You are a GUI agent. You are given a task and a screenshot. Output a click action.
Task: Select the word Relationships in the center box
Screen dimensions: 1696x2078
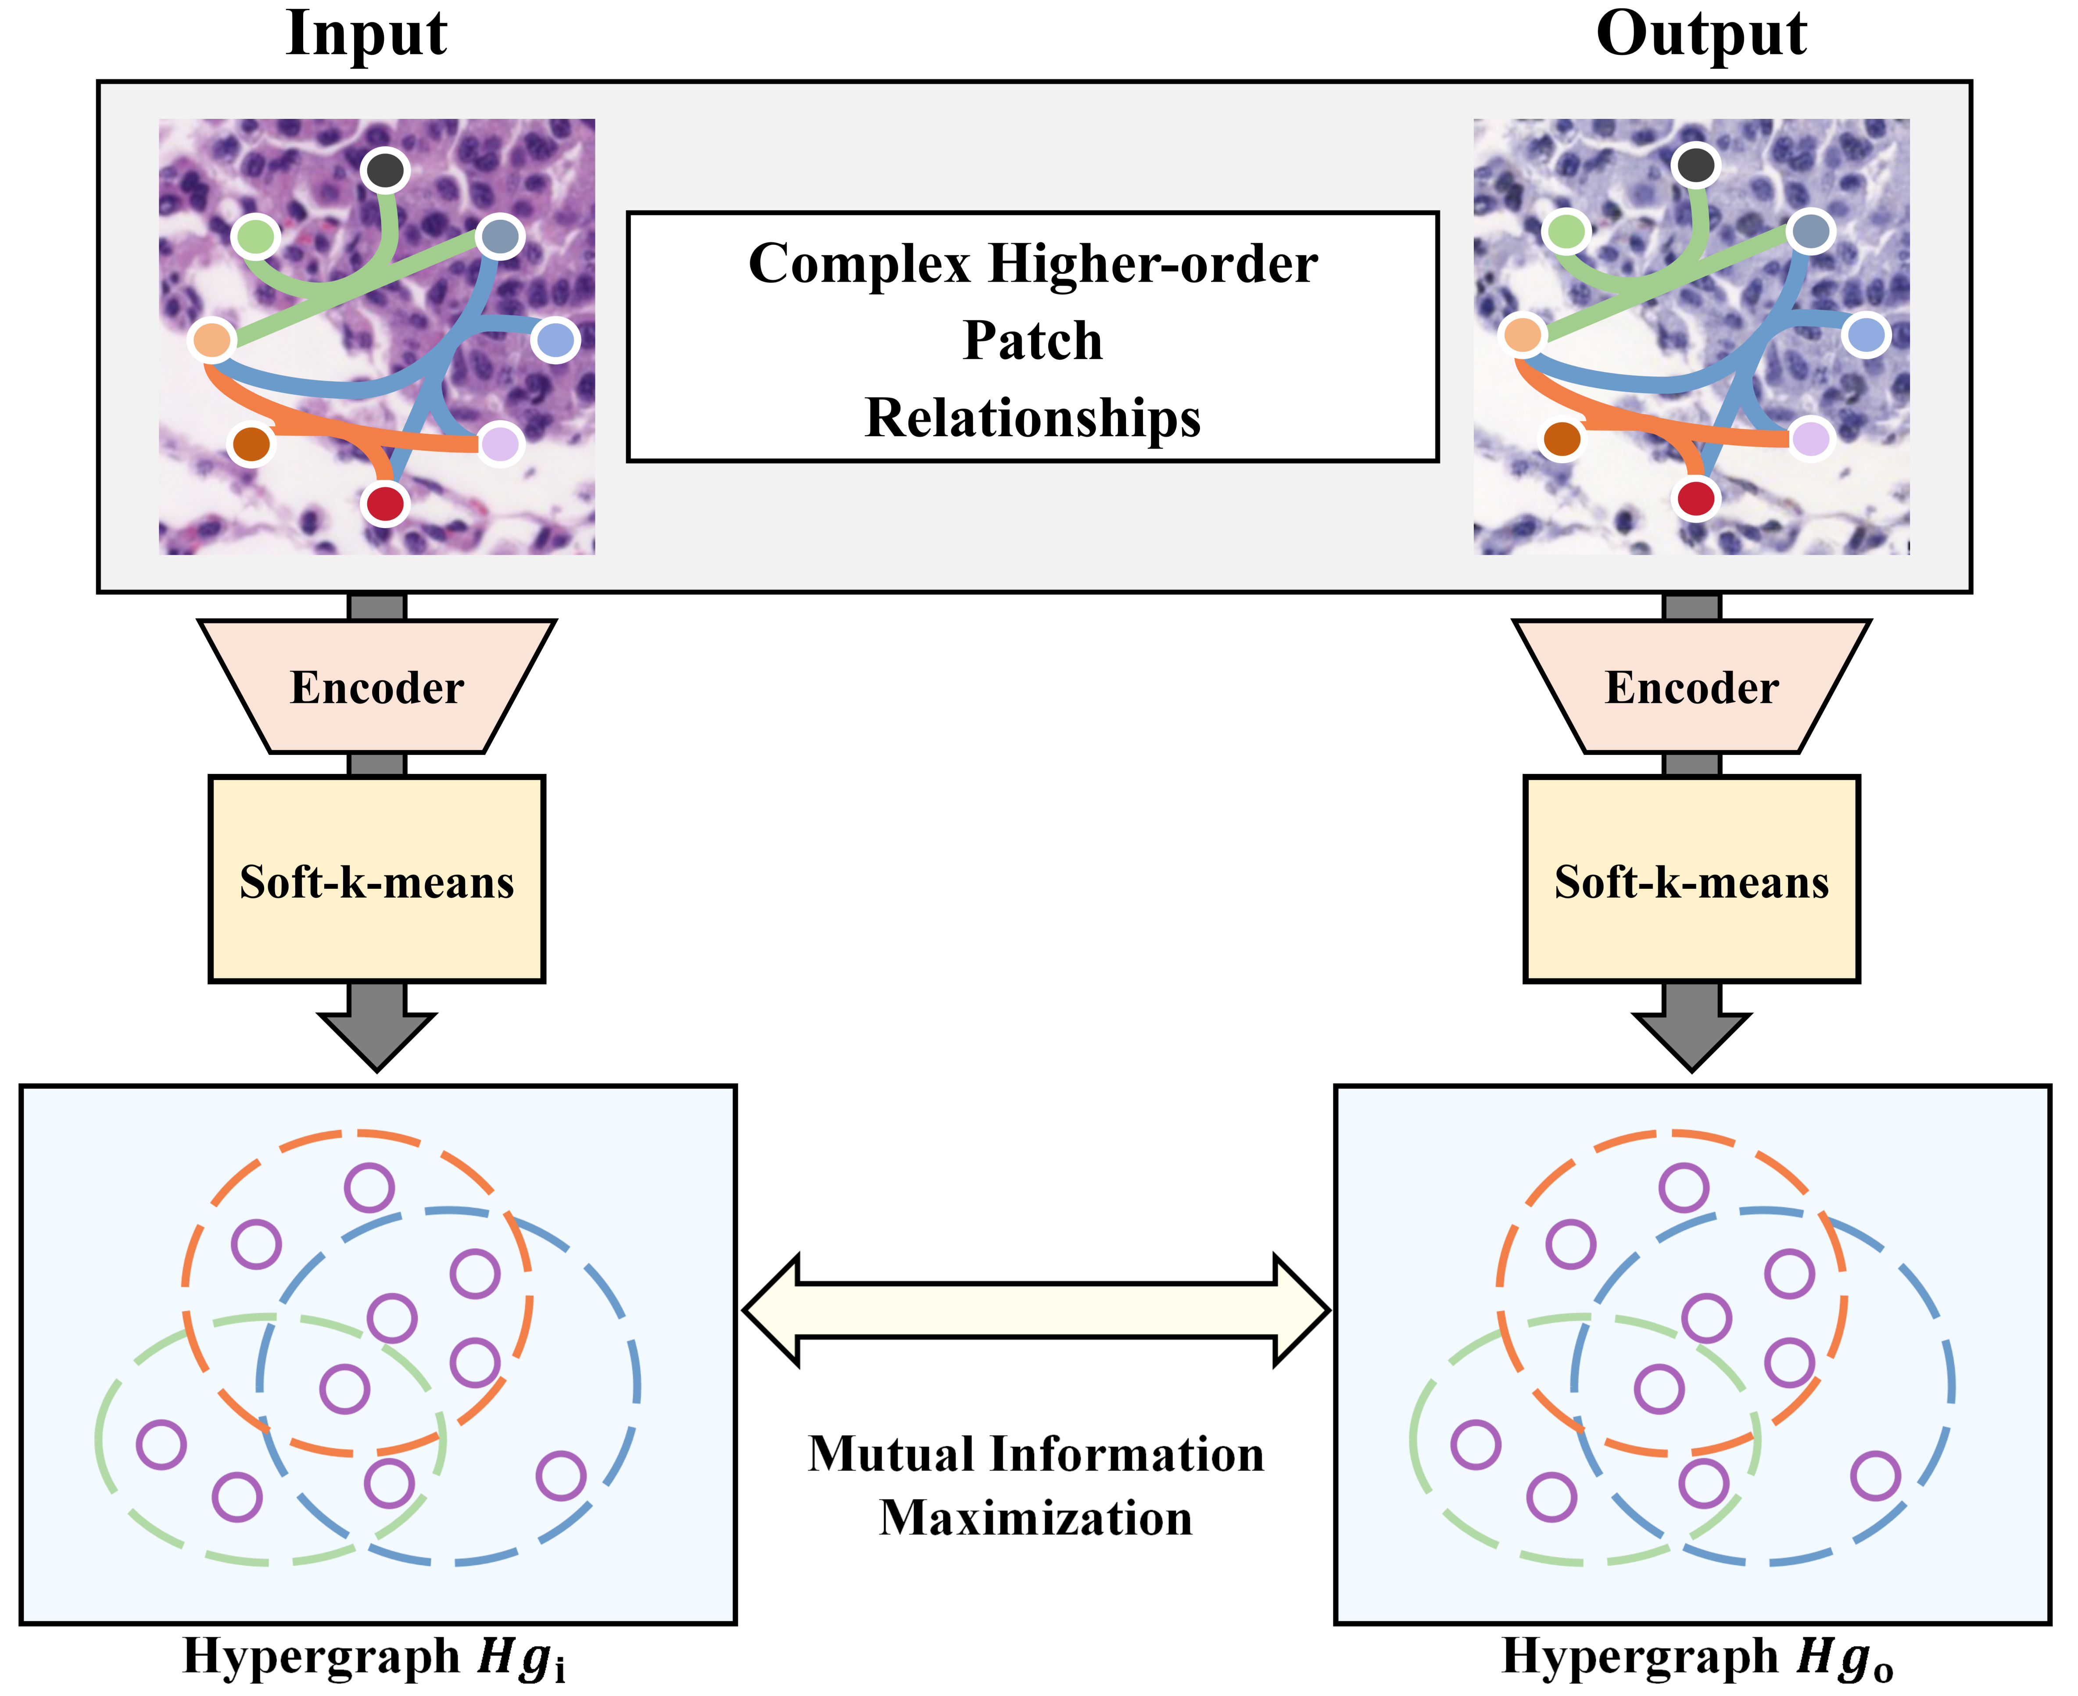point(1033,418)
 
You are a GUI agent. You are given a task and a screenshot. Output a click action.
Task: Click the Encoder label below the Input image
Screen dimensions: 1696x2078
point(377,688)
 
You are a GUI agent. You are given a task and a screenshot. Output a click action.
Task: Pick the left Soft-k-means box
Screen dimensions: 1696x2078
point(377,879)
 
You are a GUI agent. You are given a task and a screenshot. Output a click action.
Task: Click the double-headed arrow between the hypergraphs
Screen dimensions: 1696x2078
point(1035,1310)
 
